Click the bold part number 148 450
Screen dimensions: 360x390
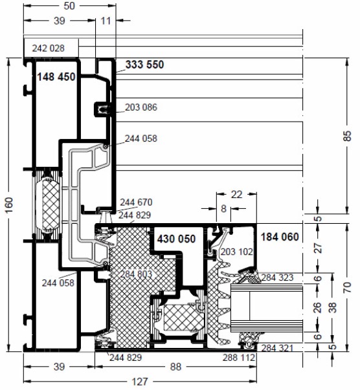56,77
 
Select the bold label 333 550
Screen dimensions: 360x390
144,65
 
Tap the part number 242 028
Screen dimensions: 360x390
49,49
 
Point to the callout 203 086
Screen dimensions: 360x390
141,107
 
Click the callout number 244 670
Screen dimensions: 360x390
136,202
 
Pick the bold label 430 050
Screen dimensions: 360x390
176,239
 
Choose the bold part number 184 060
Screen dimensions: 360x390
280,237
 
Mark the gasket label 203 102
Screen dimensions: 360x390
237,252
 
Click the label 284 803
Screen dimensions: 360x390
136,274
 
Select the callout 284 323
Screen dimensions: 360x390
278,277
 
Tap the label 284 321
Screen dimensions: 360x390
277,348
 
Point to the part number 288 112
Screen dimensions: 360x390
239,358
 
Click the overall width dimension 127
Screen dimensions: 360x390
140,382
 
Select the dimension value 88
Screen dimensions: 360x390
175,367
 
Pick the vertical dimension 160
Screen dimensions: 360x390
9,205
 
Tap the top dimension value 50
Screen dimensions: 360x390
69,6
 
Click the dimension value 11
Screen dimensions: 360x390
106,21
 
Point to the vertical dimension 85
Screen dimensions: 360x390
347,136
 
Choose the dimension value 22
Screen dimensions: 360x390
236,195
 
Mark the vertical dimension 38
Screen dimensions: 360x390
333,308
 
